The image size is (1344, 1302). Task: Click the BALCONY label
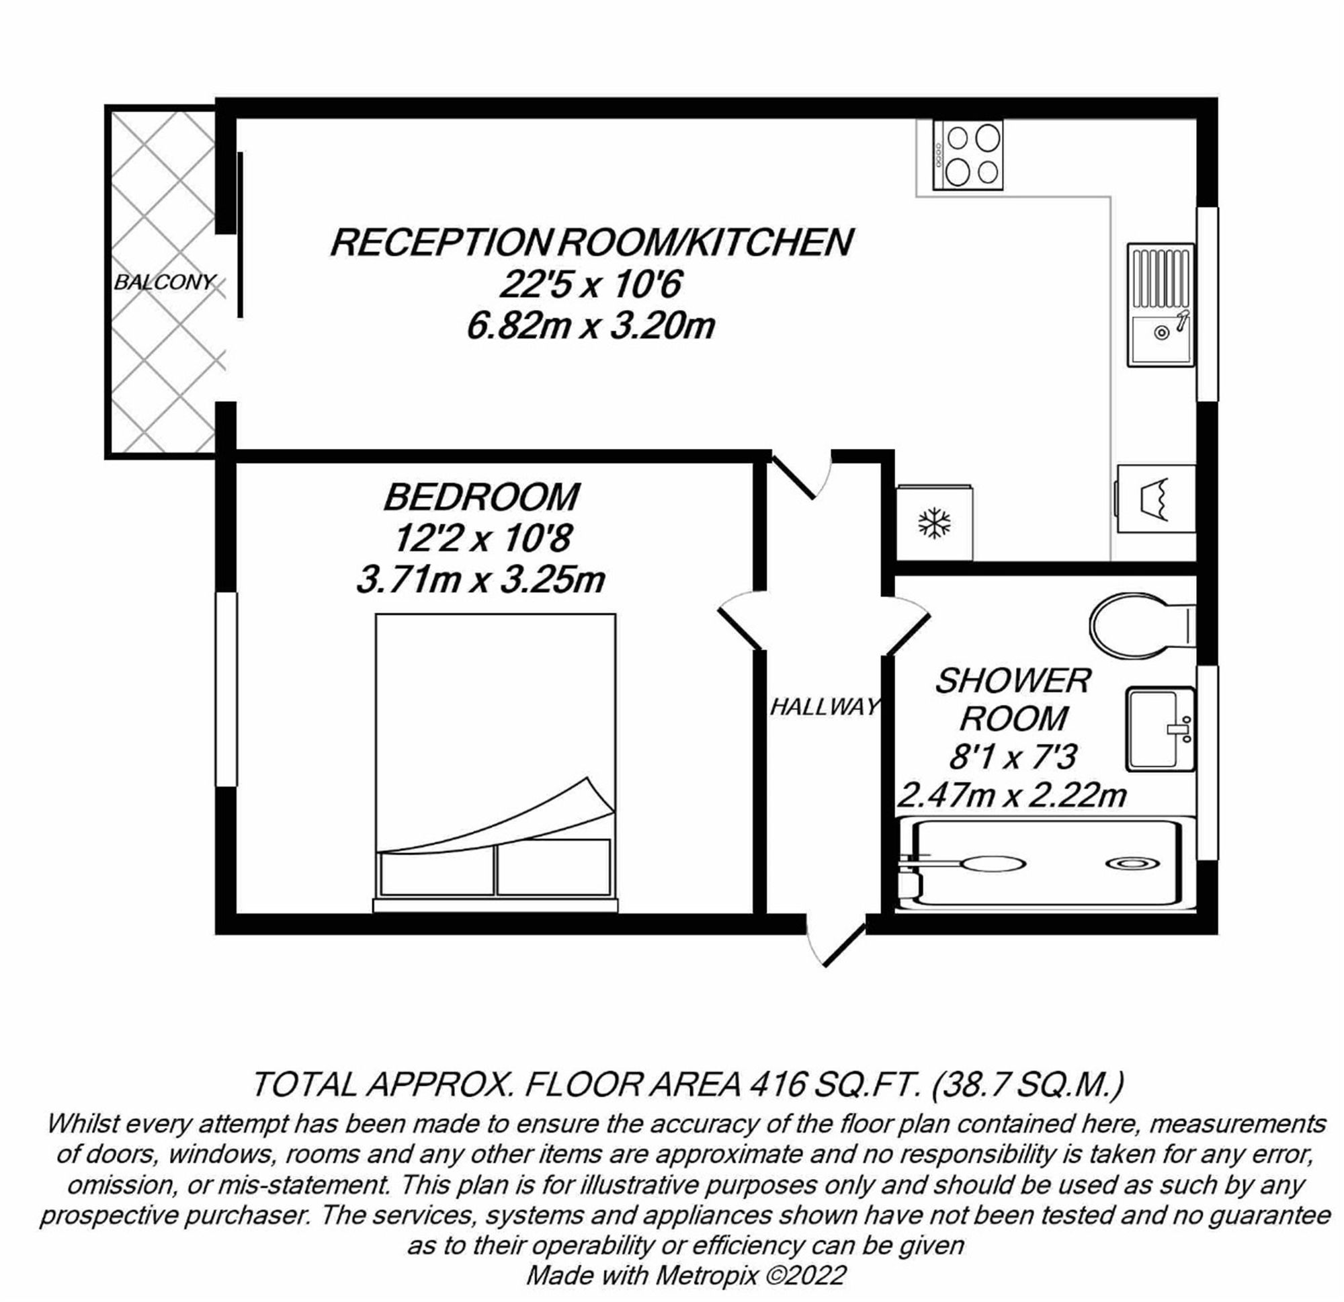[x=165, y=282]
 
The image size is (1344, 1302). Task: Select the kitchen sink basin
[x=1161, y=337]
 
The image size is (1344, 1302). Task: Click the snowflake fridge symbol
[x=935, y=524]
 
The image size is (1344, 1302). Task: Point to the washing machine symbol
[x=1156, y=499]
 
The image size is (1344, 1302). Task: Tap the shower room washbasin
[x=1159, y=730]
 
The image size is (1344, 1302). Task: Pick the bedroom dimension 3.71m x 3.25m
[x=480, y=580]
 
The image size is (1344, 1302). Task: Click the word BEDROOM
[x=481, y=497]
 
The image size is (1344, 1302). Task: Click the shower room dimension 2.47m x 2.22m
[x=1012, y=796]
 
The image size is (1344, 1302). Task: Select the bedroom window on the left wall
[x=226, y=689]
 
